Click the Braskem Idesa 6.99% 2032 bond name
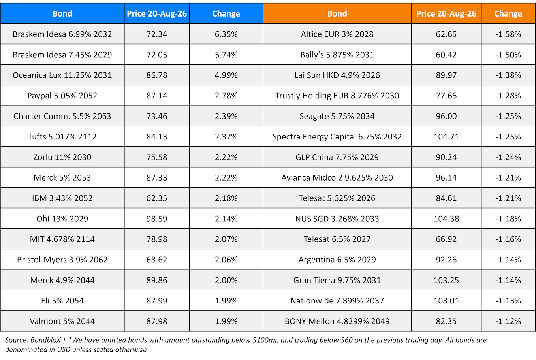(62, 34)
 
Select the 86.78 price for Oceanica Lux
(157, 75)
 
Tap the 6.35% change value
(226, 34)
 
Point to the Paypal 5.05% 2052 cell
(62, 96)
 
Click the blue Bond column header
(62, 14)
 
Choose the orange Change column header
(508, 14)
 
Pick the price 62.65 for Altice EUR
(446, 34)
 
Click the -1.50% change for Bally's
(508, 55)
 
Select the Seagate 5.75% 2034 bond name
(337, 116)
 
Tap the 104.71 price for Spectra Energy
(446, 137)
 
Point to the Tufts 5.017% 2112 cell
(62, 137)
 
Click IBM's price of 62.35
(157, 198)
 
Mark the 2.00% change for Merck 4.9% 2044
(226, 280)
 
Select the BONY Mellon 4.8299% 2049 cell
(337, 321)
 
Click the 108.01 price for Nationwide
(446, 301)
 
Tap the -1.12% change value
(508, 321)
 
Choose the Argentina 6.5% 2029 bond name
(337, 260)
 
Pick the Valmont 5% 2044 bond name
(62, 321)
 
